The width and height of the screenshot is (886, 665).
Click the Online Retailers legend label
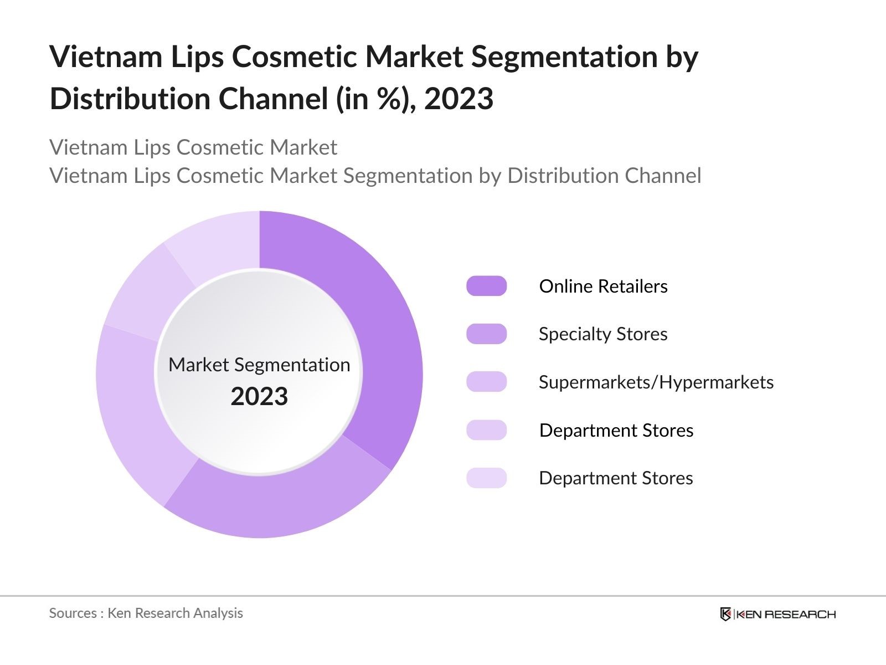(603, 287)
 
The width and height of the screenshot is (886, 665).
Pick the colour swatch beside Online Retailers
(486, 286)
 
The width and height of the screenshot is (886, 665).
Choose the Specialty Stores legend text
(602, 334)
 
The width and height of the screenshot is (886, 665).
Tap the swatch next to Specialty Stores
(486, 334)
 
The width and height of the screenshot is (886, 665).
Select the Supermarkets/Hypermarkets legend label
(656, 382)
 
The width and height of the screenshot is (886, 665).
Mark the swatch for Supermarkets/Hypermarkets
(486, 382)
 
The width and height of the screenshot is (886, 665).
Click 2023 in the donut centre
(259, 397)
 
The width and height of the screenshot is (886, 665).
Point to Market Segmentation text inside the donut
(259, 365)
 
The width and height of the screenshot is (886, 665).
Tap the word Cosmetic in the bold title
(293, 57)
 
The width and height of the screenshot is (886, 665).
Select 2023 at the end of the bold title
(459, 99)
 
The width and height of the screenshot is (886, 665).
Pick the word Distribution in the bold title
(130, 99)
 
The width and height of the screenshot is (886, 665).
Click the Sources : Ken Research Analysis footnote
(146, 613)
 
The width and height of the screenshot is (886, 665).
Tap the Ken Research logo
(777, 614)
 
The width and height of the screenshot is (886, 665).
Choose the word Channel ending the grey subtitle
(663, 176)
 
